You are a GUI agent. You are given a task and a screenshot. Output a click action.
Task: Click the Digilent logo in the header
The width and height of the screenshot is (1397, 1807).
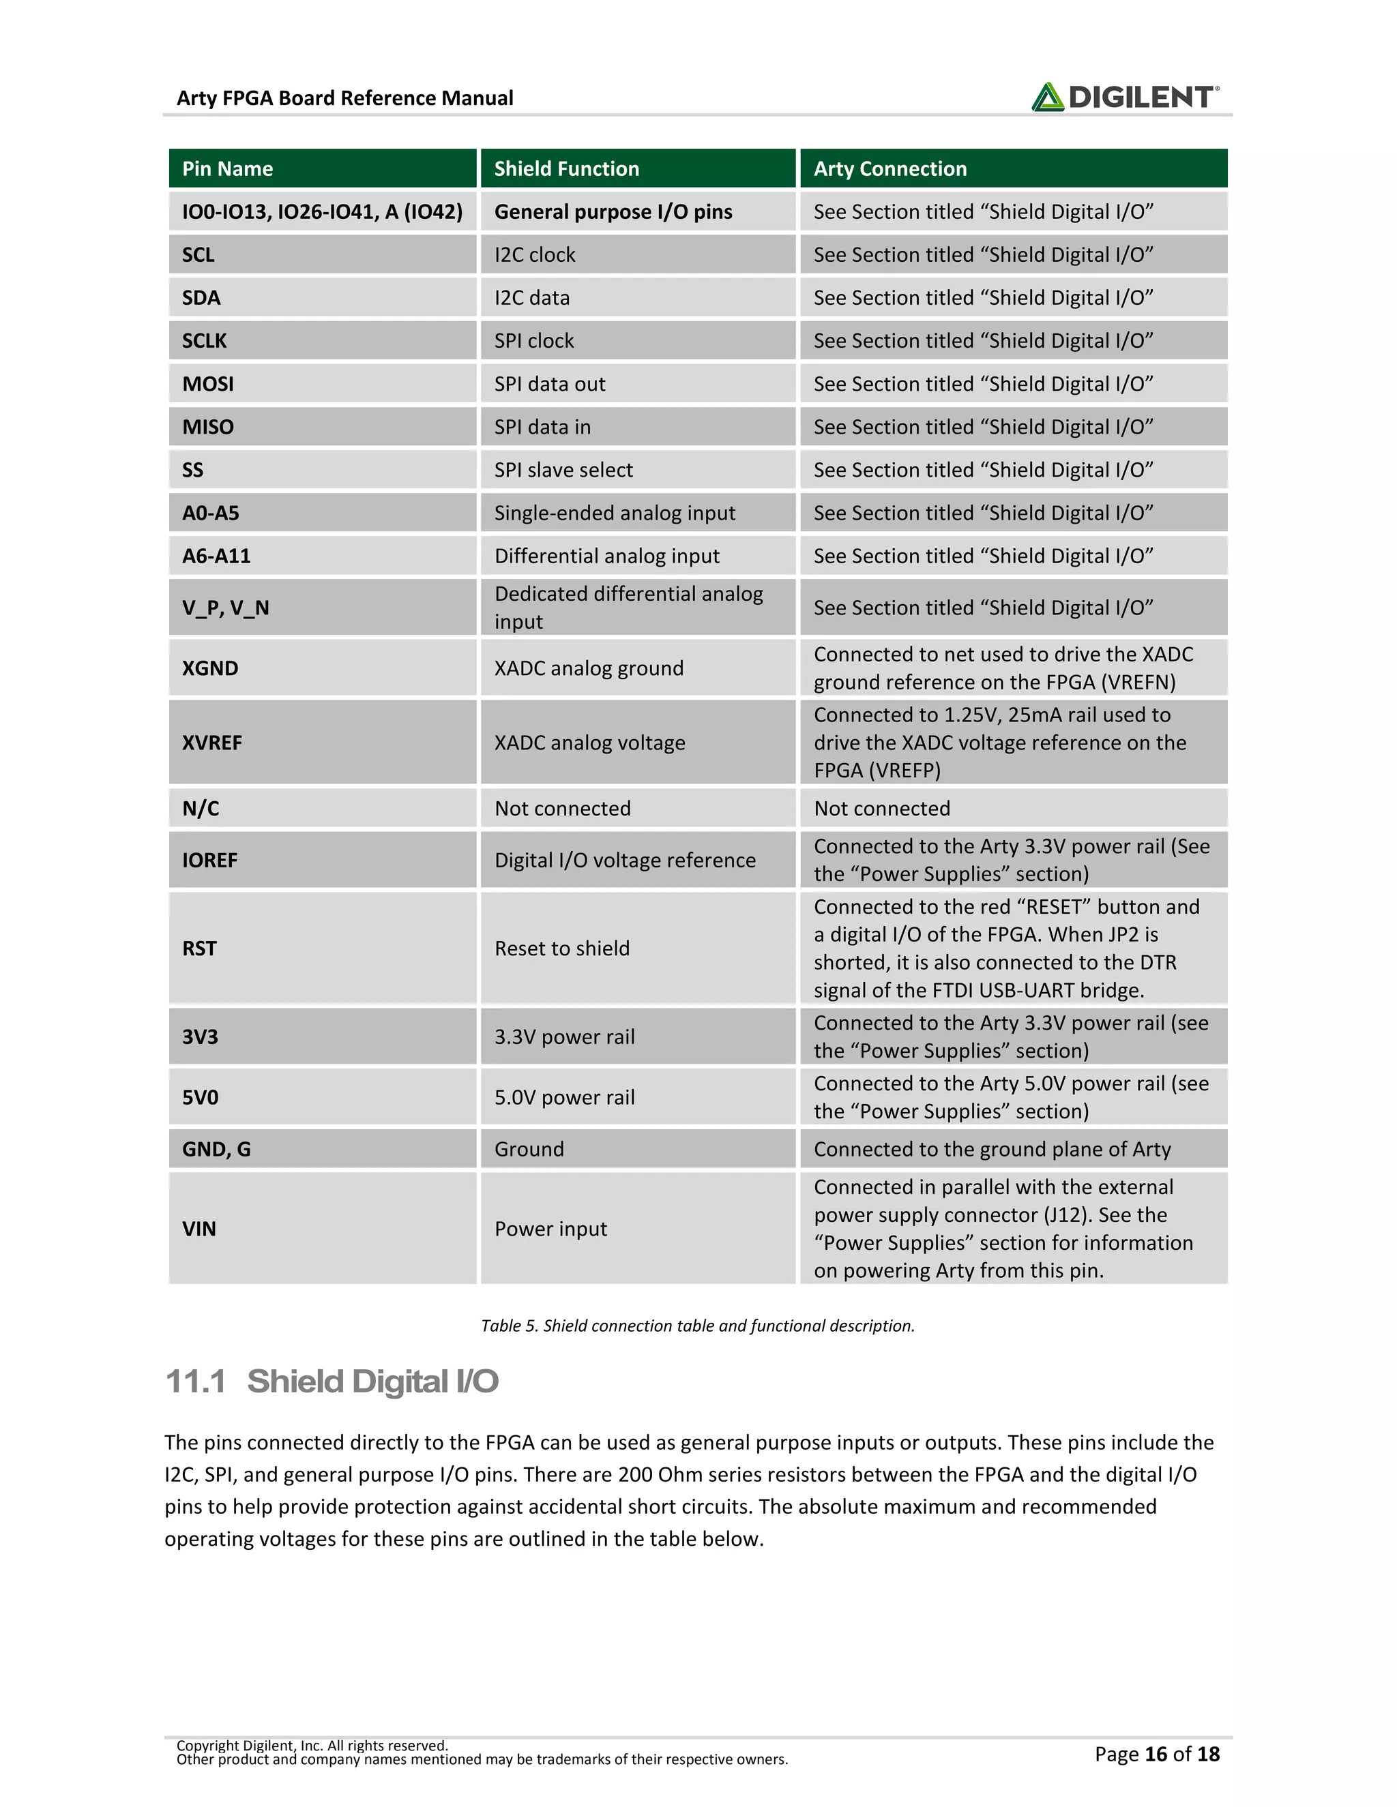(x=1124, y=97)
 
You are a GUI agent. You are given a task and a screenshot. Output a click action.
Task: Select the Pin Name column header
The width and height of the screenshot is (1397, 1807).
(x=228, y=169)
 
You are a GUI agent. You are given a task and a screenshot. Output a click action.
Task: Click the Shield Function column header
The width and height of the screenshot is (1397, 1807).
(x=566, y=169)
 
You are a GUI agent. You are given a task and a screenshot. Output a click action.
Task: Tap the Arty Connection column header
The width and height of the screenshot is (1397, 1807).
(x=889, y=169)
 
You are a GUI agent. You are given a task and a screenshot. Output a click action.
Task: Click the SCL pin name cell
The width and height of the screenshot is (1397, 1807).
(x=198, y=255)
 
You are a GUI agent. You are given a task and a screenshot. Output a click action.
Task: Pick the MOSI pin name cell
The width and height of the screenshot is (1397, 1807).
(x=208, y=384)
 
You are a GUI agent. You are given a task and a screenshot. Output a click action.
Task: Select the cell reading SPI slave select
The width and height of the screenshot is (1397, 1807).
(x=563, y=470)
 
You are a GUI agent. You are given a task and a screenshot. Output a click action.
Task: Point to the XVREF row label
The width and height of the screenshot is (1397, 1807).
(x=212, y=742)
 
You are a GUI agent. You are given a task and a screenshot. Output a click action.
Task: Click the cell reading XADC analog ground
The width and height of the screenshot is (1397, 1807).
(x=589, y=668)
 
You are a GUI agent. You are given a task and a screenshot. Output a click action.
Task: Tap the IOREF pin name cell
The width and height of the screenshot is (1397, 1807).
(x=209, y=860)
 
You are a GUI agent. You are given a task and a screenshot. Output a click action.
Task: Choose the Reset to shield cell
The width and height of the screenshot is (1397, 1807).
(x=561, y=949)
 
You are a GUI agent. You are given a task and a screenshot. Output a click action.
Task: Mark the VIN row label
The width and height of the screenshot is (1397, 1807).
(x=199, y=1229)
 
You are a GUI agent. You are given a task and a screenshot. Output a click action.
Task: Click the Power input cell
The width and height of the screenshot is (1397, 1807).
(x=550, y=1229)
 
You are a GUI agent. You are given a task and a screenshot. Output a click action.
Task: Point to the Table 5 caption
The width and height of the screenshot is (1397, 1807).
(x=698, y=1326)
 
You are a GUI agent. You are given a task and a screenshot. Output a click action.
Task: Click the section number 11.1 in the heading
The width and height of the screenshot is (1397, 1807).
(x=195, y=1382)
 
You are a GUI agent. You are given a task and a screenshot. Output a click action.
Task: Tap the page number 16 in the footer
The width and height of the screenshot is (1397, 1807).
(x=1156, y=1753)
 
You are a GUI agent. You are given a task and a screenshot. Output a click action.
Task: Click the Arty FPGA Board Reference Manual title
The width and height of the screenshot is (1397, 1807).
(x=344, y=98)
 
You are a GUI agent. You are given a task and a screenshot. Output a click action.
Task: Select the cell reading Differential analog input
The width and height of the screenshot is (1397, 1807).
(x=606, y=556)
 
